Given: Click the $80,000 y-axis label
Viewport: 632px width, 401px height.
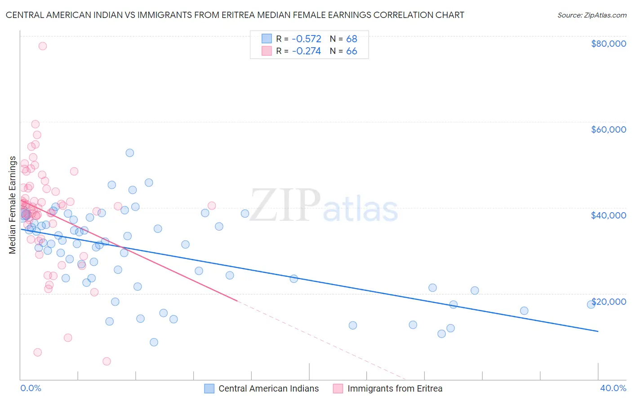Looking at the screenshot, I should coord(608,44).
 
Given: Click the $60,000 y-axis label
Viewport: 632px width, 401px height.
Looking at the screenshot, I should coord(608,129).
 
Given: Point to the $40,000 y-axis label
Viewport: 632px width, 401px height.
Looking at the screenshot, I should coord(608,215).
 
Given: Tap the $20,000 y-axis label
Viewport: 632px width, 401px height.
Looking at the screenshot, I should coord(608,302).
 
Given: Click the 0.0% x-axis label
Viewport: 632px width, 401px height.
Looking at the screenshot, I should coord(31,388).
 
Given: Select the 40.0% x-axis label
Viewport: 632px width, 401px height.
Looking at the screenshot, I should coord(613,388).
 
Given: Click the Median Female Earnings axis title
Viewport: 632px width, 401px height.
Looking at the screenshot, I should coord(13,205).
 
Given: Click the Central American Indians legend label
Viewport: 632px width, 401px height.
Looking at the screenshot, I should coord(268,389).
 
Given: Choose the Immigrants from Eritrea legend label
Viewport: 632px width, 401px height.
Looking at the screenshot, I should coord(395,389).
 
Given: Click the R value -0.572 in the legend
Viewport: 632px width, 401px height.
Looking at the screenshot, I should coord(307,39).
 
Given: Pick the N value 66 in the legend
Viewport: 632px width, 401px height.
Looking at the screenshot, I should coord(352,51).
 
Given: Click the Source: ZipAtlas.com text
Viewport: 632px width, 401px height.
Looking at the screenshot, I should coord(592,15).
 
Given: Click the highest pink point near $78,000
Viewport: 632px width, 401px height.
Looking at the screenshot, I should coord(43,46).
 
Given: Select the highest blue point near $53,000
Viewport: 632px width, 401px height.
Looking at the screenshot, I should coord(130,153).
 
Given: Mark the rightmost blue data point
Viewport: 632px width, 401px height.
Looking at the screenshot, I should coord(591,304).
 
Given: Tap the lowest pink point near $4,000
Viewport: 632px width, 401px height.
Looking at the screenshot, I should coord(107,361).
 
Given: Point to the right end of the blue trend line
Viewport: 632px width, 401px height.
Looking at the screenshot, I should coord(598,331).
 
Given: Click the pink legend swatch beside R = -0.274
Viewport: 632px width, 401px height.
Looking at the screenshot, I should coord(267,51).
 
